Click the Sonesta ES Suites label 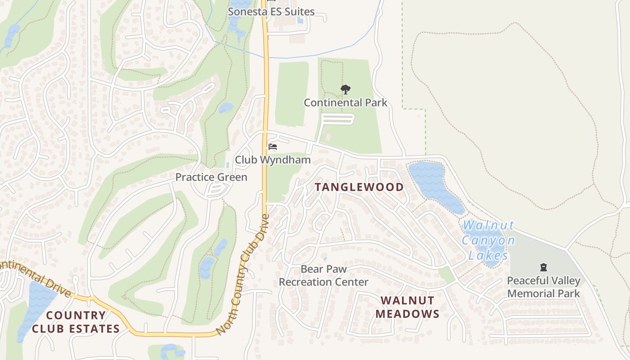pos(271,12)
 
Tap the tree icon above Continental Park pos(345,90)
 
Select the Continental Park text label pos(345,103)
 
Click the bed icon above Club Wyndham pos(272,147)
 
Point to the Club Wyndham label pos(273,160)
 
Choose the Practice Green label pos(211,177)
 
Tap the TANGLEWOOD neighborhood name pos(359,187)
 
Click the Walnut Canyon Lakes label pos(488,240)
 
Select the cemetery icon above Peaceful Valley pos(543,268)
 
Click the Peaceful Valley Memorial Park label pos(543,287)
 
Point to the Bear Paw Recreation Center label pos(324,275)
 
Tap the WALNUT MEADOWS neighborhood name pos(407,307)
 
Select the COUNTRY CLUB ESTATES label pos(76,322)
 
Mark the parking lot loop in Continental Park pos(338,119)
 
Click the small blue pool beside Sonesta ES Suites pos(300,20)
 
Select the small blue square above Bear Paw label pos(325,259)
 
